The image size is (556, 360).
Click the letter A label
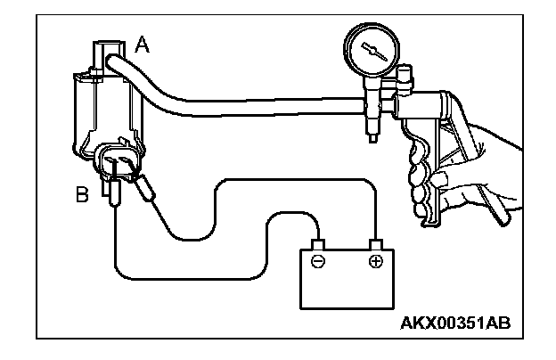[x=141, y=43]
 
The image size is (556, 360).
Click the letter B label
[x=82, y=193]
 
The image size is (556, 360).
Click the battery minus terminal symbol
[x=317, y=262]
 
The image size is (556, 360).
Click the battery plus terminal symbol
[x=376, y=262]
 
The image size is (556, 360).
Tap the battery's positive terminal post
[x=376, y=243]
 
